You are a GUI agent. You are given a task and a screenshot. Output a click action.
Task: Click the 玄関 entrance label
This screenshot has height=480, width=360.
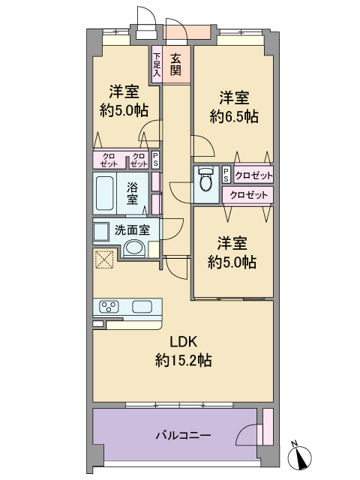[x=175, y=64]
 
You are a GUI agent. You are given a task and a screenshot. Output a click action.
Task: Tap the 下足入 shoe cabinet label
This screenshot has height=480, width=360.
[x=157, y=64]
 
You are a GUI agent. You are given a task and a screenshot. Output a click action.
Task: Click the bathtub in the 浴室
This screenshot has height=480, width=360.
[x=104, y=193]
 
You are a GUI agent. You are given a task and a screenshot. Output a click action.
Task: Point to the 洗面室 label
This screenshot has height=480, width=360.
[x=132, y=230]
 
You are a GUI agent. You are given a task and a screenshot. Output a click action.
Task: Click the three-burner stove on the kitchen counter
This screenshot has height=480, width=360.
[x=109, y=307]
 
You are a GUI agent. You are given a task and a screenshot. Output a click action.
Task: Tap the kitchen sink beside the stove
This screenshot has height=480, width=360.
[x=142, y=307]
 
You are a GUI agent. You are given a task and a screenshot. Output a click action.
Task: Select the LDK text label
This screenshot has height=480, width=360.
[x=183, y=342]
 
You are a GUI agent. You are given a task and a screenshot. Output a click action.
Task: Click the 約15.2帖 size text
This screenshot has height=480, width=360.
[x=183, y=360]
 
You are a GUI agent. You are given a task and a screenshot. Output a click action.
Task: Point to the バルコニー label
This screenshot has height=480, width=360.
[x=183, y=435]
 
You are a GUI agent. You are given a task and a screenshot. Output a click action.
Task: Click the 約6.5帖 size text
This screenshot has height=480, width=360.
[x=234, y=117]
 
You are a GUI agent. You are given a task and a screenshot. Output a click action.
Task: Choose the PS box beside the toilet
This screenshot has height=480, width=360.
[x=226, y=175]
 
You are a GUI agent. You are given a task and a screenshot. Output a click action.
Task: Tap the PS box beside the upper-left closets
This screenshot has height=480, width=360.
[x=155, y=160]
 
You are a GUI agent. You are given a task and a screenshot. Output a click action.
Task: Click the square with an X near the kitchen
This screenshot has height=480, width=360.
[x=104, y=259]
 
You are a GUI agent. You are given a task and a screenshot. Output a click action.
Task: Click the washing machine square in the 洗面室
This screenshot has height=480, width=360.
[x=101, y=232]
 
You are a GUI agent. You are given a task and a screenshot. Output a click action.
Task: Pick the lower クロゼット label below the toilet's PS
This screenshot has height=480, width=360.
[x=248, y=195]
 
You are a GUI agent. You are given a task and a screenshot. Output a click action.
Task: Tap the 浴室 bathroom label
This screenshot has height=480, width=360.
[x=133, y=193]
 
